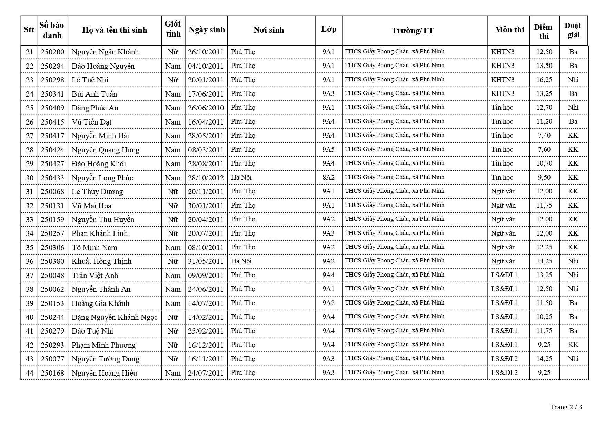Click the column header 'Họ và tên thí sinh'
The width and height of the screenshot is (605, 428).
tap(115, 30)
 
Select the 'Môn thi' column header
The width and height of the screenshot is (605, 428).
tap(509, 30)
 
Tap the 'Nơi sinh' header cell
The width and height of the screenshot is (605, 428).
tap(269, 30)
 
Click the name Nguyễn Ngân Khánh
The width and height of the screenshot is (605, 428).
tap(105, 52)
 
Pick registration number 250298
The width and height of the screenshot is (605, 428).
tap(52, 80)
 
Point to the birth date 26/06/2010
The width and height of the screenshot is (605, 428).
tap(206, 108)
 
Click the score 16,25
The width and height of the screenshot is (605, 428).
tap(544, 80)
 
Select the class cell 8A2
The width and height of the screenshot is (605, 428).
tap(328, 178)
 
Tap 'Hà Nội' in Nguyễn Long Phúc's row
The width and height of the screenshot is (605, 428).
tap(241, 178)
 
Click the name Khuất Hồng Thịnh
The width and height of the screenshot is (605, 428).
tap(102, 261)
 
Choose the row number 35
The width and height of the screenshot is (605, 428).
tap(30, 248)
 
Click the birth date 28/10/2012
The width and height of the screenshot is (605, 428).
tap(206, 178)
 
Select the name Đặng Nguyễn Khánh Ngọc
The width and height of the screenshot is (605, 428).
tap(115, 317)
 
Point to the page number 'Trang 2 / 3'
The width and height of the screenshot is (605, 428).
tap(566, 407)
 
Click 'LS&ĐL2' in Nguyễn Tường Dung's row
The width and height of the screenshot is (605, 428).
tap(504, 359)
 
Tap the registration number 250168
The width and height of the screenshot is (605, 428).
tap(52, 373)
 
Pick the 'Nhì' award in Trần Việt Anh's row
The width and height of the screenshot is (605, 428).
tap(573, 275)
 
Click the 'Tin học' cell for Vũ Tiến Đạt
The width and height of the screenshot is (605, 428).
tap(502, 122)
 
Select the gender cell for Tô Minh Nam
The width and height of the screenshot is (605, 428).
tap(173, 248)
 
